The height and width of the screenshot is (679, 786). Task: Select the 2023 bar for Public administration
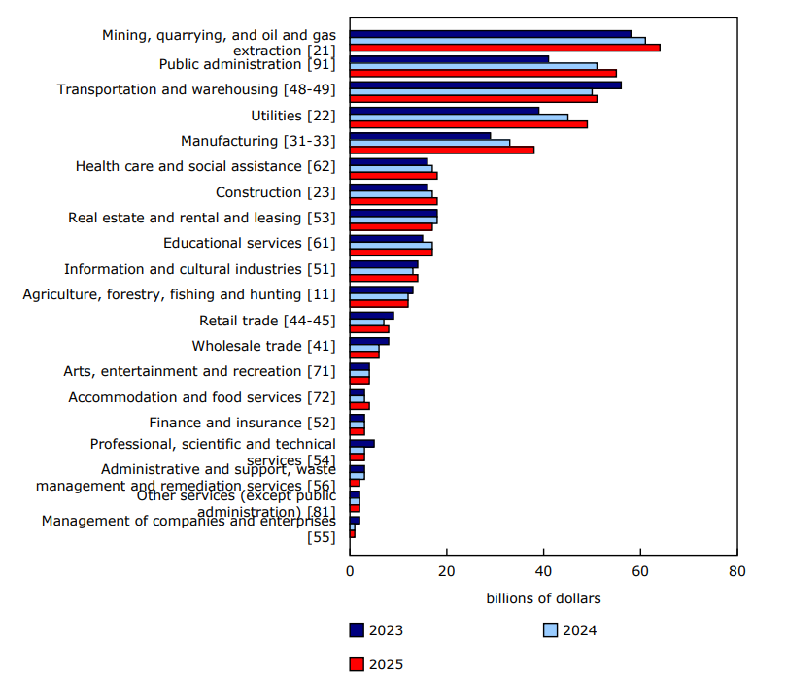click(449, 58)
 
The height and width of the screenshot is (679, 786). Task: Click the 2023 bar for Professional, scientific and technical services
click(361, 443)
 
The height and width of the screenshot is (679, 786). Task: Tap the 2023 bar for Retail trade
click(371, 315)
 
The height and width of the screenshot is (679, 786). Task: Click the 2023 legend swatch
click(358, 630)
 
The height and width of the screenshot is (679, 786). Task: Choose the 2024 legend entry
click(569, 630)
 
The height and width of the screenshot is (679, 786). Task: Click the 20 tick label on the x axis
click(446, 571)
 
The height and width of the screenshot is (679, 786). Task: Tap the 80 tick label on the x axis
click(736, 571)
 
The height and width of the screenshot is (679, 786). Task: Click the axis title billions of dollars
click(543, 597)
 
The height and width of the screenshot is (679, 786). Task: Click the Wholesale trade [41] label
click(263, 346)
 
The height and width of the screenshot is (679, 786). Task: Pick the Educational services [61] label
click(249, 243)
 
